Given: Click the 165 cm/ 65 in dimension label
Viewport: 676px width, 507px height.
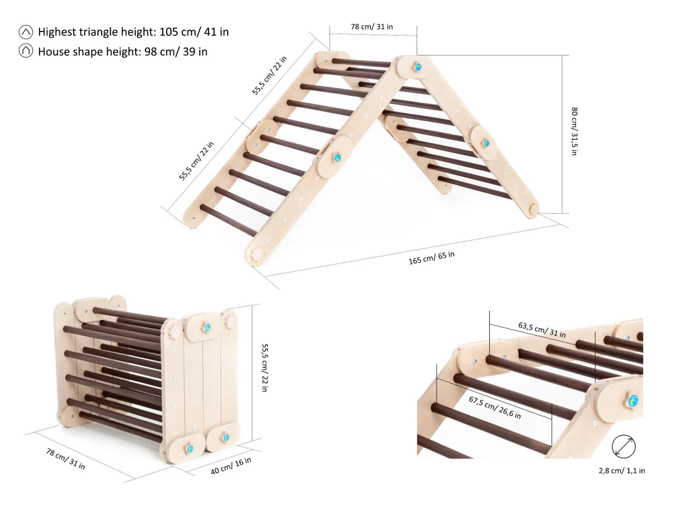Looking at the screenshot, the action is [x=432, y=257].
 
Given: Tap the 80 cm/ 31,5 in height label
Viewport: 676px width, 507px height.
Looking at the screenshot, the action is [x=574, y=131].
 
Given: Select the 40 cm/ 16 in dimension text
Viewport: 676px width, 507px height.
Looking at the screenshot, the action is [x=231, y=466].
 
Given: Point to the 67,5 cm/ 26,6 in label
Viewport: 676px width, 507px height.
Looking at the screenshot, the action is [x=495, y=408].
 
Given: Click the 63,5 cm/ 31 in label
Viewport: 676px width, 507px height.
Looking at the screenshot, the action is [x=542, y=330].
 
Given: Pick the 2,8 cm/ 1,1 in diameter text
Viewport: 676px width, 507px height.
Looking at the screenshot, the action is [x=622, y=470].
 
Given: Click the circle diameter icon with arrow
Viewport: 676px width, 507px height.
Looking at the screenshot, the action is [x=623, y=446].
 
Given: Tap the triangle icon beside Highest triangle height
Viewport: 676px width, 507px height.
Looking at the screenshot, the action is [x=26, y=32].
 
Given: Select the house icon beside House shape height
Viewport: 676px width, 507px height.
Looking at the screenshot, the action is [x=26, y=51].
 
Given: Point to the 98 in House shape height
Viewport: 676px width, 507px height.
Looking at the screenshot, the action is [x=151, y=52].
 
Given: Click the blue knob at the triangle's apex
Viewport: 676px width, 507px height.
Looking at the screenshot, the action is [x=417, y=67].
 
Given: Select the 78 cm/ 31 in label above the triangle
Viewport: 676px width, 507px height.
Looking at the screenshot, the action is [x=372, y=27].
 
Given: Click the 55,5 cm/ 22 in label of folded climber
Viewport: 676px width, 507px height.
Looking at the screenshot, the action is [x=265, y=368].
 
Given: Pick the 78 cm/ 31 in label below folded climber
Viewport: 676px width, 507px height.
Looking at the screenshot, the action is [x=66, y=458].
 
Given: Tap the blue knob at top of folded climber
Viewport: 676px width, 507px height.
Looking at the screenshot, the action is [x=207, y=328].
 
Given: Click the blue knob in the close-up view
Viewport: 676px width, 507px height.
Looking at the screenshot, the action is [x=633, y=401].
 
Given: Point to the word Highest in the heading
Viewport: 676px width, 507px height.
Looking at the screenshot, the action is [x=57, y=33].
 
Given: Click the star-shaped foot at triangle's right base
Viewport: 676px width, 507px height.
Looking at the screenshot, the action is [x=534, y=210].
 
